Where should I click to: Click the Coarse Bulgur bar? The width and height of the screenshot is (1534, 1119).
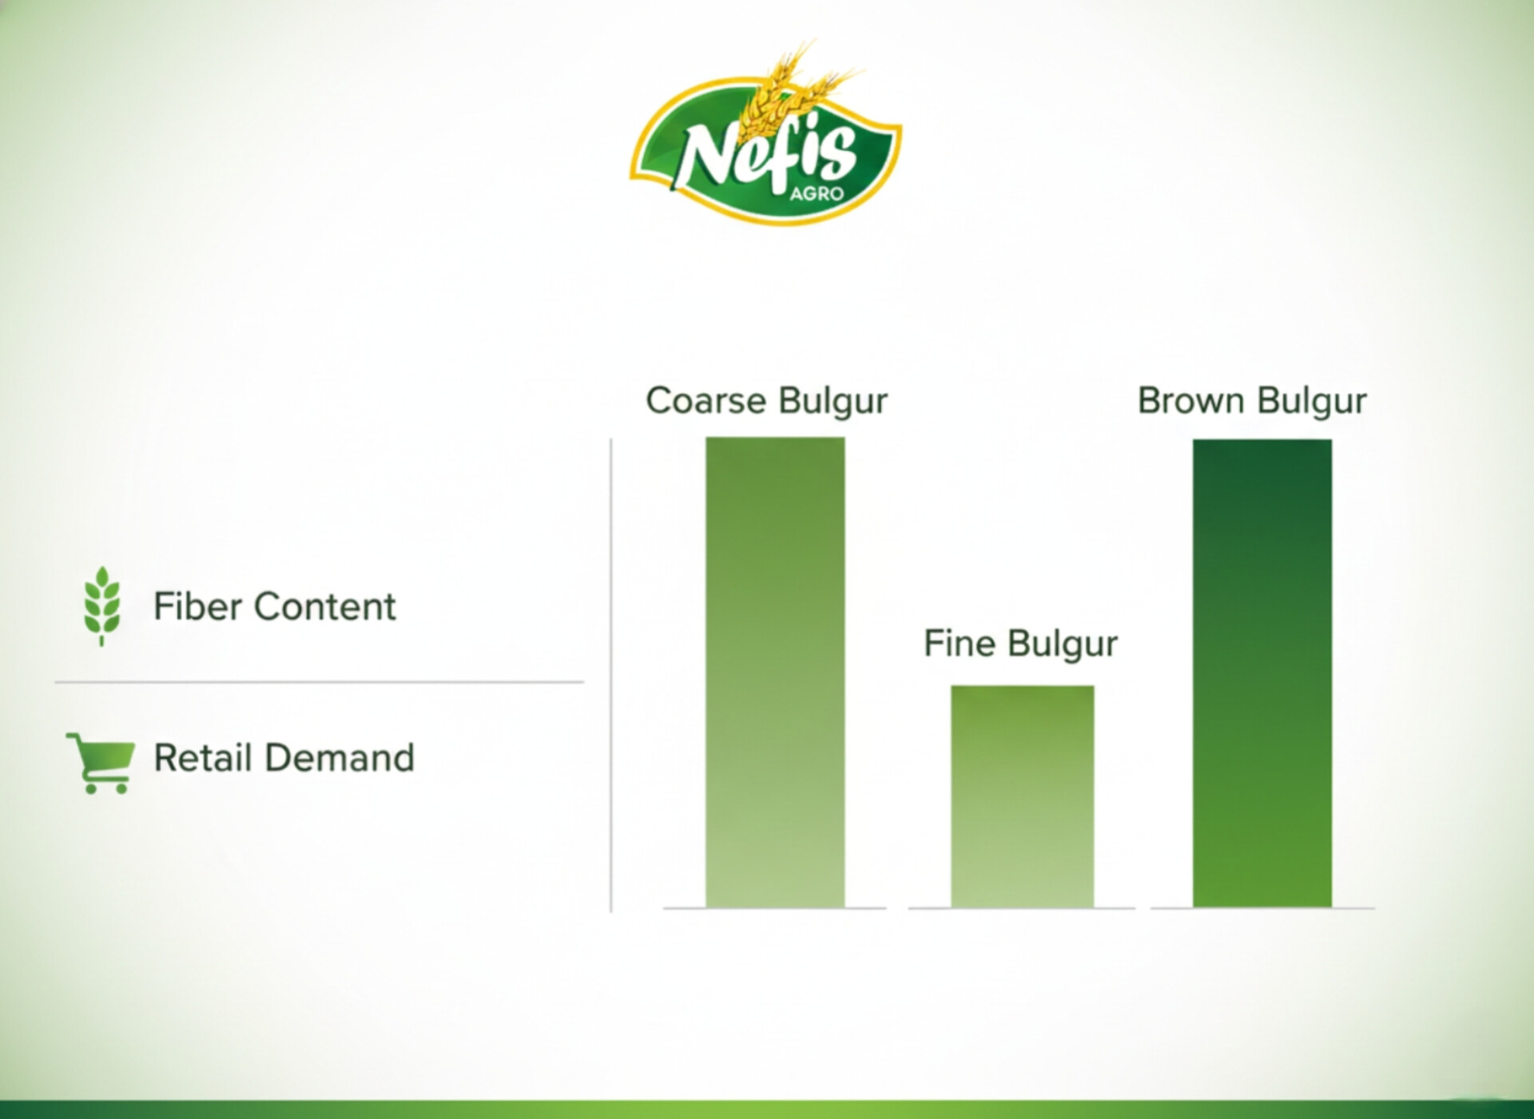[775, 673]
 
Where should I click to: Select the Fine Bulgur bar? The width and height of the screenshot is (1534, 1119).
[1022, 796]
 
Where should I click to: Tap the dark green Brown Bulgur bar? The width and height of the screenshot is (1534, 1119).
[1262, 673]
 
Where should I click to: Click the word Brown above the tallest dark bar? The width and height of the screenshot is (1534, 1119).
[1190, 400]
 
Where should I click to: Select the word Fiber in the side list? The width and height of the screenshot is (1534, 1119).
[197, 606]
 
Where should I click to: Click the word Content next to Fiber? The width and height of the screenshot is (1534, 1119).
[324, 606]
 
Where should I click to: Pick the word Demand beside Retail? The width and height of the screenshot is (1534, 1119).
[340, 758]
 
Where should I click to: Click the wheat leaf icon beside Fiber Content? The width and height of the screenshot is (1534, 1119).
[101, 605]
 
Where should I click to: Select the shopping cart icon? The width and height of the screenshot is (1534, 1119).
[101, 763]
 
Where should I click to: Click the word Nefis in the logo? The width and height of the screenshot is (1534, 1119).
[767, 154]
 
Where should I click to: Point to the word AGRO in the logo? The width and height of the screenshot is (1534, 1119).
[817, 193]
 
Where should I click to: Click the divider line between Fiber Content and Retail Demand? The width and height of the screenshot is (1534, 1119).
[319, 682]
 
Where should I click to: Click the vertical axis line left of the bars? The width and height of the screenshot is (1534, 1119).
[611, 675]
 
